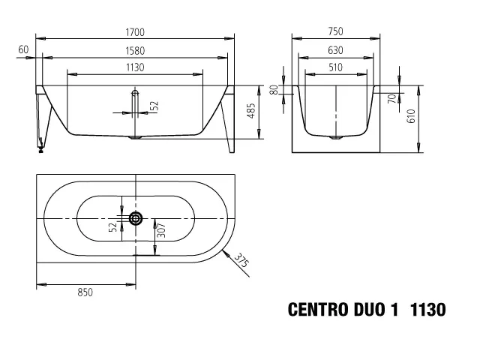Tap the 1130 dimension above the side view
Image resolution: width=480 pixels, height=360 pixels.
[135, 67]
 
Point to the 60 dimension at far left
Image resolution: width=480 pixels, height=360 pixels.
[23, 49]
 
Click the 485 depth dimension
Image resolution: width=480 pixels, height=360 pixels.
[251, 111]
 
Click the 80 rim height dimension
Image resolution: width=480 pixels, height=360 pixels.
[274, 89]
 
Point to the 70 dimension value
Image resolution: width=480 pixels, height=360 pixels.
[391, 97]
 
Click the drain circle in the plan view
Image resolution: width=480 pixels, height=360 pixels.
[136, 218]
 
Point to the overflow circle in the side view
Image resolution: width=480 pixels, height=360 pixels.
[135, 94]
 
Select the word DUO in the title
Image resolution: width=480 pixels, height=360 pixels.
[370, 310]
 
